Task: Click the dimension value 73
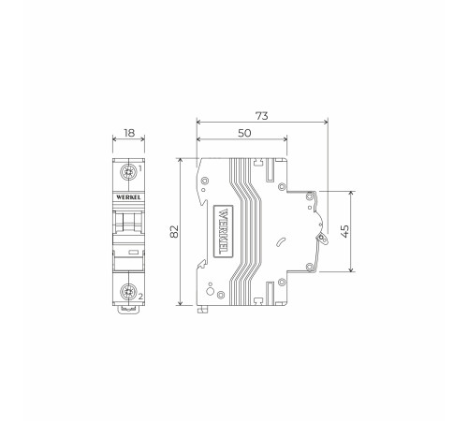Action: [x=261, y=115]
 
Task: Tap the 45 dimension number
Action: [x=345, y=231]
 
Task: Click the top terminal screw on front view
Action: [x=127, y=175]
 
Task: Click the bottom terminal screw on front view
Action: [x=127, y=292]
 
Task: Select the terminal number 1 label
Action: [x=140, y=169]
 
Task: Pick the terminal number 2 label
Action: [x=140, y=298]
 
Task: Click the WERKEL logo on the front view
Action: [x=128, y=197]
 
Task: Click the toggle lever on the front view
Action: [x=128, y=225]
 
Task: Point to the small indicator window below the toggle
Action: [x=129, y=252]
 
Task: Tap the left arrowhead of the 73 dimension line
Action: [x=199, y=122]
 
